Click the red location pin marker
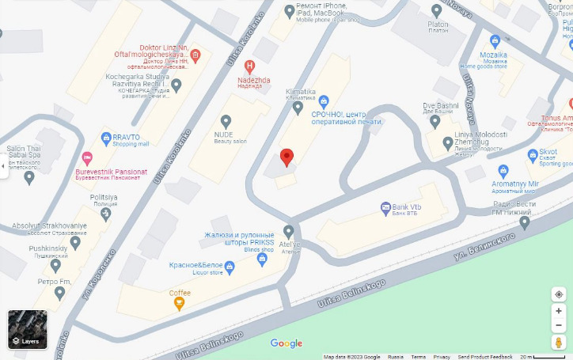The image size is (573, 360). pyautogui.click(x=287, y=156)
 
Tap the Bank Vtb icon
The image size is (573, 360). pyautogui.click(x=385, y=207)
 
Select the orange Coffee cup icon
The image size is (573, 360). pyautogui.click(x=180, y=302)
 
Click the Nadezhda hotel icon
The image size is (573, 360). pyautogui.click(x=251, y=66)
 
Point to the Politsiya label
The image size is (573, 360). pyautogui.click(x=104, y=196)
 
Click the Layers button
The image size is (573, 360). pyautogui.click(x=28, y=329)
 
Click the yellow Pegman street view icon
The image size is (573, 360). pyautogui.click(x=559, y=343)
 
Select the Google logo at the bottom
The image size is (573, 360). pyautogui.click(x=286, y=343)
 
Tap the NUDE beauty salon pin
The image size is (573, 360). pyautogui.click(x=226, y=121)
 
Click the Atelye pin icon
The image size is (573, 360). pyautogui.click(x=288, y=231)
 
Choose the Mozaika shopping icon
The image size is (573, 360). pyautogui.click(x=495, y=40)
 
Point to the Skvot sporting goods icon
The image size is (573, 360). pyautogui.click(x=532, y=155)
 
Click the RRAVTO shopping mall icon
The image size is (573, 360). pyautogui.click(x=106, y=138)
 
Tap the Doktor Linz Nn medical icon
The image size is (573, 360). pyautogui.click(x=195, y=55)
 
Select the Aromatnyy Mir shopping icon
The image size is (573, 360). pyautogui.click(x=503, y=171)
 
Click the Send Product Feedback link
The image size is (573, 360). pyautogui.click(x=485, y=357)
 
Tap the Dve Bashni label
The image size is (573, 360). pyautogui.click(x=441, y=106)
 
